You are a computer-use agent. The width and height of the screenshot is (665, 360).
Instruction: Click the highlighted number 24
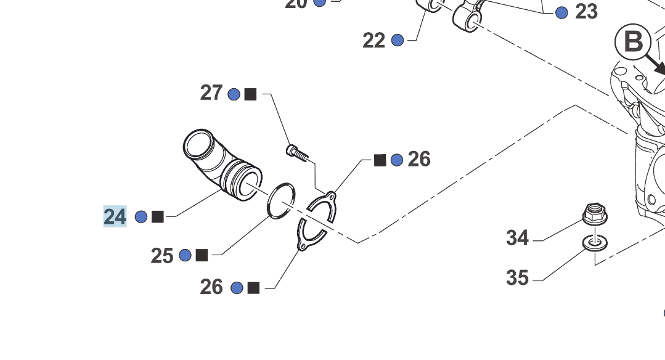pos(115,216)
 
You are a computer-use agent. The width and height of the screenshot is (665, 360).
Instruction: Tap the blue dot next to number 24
pos(141,216)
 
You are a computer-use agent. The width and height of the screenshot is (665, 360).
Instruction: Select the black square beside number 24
pos(158,216)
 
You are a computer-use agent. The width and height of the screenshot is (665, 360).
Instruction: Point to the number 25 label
pos(162,255)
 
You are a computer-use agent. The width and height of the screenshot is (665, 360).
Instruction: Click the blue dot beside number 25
pos(185,255)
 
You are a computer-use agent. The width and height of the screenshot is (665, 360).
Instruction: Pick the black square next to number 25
pos(202,255)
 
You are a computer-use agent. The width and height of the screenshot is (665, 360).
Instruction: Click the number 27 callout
pos(211,93)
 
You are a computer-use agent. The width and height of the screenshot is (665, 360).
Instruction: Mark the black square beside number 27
pos(250,94)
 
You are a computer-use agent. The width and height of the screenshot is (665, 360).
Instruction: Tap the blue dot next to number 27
pos(234,94)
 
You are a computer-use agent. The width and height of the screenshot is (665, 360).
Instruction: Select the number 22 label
pos(374,40)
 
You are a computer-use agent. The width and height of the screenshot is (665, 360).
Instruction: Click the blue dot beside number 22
pos(398,40)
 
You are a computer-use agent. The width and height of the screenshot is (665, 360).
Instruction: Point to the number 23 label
pos(586,12)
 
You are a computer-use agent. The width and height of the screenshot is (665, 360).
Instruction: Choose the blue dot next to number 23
pos(561,12)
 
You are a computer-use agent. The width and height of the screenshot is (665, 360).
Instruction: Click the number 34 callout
pos(518,237)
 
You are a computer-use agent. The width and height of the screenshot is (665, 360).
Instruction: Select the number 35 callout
pos(518,277)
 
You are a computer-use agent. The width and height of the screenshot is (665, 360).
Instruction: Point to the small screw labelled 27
pos(296,152)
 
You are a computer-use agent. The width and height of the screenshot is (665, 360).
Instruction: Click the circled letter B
pos(633,43)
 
